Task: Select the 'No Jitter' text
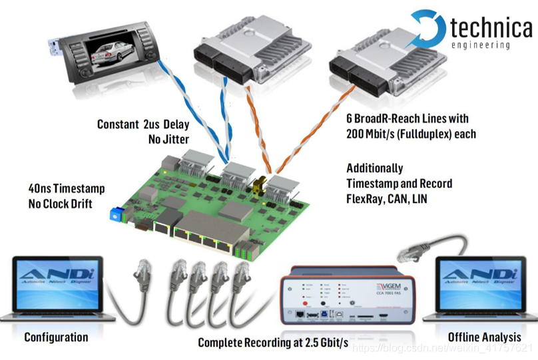pyautogui.click(x=168, y=140)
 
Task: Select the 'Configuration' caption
pyautogui.click(x=56, y=337)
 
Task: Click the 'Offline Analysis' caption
pyautogui.click(x=483, y=337)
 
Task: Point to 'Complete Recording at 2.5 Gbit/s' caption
pyautogui.click(x=273, y=343)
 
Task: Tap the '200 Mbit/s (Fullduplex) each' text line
pyautogui.click(x=410, y=134)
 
